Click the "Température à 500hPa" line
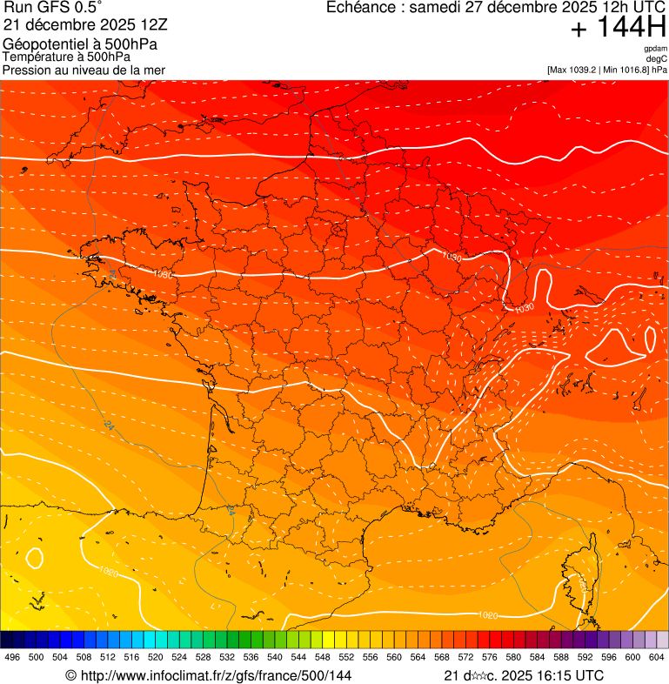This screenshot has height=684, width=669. click(x=66, y=57)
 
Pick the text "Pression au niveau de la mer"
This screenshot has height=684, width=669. click(x=84, y=70)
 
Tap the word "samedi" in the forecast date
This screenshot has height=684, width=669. click(x=438, y=8)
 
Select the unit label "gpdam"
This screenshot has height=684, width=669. click(x=656, y=49)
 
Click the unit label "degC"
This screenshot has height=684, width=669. click(x=658, y=58)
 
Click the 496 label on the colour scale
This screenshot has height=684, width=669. click(x=12, y=657)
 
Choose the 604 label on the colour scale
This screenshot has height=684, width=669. click(x=656, y=657)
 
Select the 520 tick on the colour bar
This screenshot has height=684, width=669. click(x=155, y=657)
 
